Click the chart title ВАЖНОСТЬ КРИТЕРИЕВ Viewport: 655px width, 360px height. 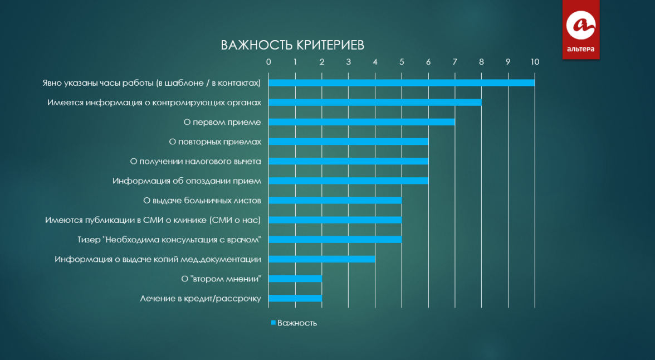(292, 45)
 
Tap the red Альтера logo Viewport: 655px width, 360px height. (580, 30)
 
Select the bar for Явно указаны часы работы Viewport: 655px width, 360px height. (402, 83)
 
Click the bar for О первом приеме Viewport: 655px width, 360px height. (362, 122)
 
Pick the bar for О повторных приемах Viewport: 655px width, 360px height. (349, 142)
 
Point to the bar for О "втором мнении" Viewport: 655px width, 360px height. (295, 279)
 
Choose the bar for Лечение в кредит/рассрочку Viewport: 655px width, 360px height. (295, 299)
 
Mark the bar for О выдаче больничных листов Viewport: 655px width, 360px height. (335, 200)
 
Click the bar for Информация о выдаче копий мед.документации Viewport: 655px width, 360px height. (322, 259)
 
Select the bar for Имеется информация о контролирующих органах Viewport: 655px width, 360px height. (375, 103)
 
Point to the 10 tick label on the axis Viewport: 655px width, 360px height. (535, 62)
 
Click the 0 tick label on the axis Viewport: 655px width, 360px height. (268, 62)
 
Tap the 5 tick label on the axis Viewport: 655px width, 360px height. (402, 62)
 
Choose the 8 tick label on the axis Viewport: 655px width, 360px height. (482, 62)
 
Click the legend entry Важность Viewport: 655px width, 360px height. (294, 323)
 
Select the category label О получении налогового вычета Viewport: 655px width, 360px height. (195, 162)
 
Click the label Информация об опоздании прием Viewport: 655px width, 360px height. (187, 181)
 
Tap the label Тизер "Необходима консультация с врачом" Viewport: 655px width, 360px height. (169, 240)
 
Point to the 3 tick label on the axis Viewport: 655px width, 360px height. (349, 62)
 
